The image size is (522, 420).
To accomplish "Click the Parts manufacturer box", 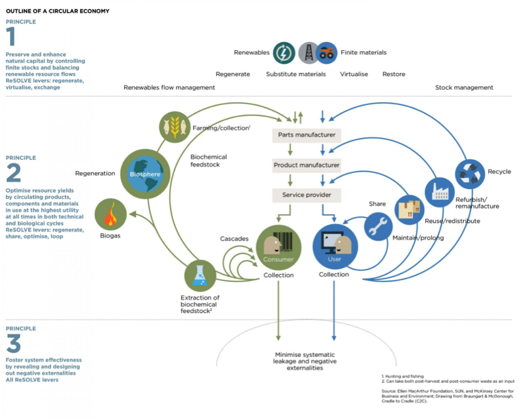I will click(x=306, y=135).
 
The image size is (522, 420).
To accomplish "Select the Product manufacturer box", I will click(x=306, y=165).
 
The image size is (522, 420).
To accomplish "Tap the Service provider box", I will click(x=306, y=195).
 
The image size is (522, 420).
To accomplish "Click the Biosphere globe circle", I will click(x=144, y=174).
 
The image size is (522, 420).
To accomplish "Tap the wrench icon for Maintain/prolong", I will click(x=378, y=227).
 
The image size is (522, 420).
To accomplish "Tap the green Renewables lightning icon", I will click(x=283, y=52).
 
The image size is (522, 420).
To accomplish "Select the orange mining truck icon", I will click(x=326, y=52).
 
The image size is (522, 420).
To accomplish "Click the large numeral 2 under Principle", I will click(x=14, y=173).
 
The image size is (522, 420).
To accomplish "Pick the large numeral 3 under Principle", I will click(x=14, y=344).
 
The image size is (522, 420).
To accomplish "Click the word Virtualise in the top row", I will click(x=353, y=74).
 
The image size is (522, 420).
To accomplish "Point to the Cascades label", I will click(x=234, y=239).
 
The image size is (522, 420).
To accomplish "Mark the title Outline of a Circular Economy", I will click(x=57, y=11).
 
